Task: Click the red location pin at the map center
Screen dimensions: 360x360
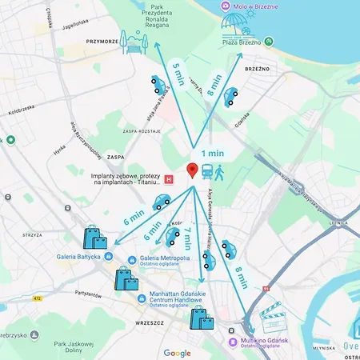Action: pos(192,170)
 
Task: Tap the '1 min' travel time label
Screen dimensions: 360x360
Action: pos(212,153)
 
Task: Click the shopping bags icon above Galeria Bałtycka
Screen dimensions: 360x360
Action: pos(94,238)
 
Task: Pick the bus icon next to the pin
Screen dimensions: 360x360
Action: pos(207,170)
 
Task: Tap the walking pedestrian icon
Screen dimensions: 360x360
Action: pos(220,170)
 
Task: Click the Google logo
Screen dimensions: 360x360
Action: pos(178,353)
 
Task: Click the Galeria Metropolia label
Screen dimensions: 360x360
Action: pos(164,258)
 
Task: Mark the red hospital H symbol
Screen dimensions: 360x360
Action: pos(167,180)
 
